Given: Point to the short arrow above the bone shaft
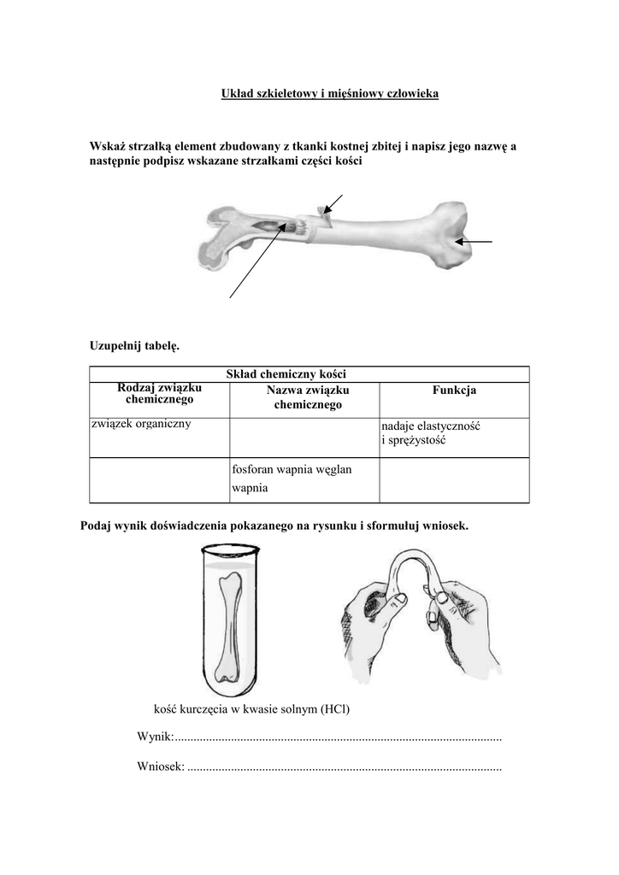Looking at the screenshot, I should (x=333, y=204).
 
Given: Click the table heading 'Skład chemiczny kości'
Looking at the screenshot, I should (x=286, y=373).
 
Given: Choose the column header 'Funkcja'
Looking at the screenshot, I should (x=454, y=391).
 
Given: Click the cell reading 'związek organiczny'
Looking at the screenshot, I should (x=141, y=424).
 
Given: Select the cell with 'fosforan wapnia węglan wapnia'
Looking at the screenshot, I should (x=292, y=479).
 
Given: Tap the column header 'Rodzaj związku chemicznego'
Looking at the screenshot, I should (x=159, y=394).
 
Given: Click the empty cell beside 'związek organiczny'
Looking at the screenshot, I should (x=304, y=437).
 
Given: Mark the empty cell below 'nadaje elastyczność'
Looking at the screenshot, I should (x=454, y=481).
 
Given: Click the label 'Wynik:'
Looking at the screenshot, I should (x=155, y=737).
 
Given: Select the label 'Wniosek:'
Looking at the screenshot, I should (x=161, y=766).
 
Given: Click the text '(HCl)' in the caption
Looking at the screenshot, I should (x=335, y=709).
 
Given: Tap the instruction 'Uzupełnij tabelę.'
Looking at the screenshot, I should (x=135, y=345).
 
